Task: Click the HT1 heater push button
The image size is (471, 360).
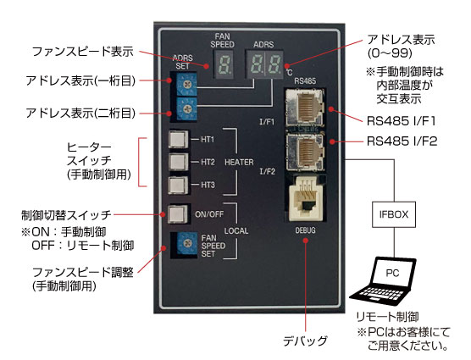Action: [x=179, y=139]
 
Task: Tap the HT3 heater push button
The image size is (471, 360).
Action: [x=179, y=186]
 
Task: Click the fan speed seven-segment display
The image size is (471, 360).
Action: [x=224, y=64]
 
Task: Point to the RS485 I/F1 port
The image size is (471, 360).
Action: [x=305, y=108]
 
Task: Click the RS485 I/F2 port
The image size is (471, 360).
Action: [x=305, y=152]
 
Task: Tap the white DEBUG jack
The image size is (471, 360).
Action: [x=305, y=198]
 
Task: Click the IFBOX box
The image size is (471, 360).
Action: [x=394, y=214]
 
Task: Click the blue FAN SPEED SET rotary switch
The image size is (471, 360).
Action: [x=187, y=244]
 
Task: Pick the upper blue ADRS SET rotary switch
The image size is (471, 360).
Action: [x=186, y=85]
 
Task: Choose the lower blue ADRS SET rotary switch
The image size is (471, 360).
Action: [x=186, y=108]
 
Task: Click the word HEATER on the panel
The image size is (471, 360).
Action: [x=239, y=162]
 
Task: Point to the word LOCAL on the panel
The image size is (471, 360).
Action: [x=236, y=231]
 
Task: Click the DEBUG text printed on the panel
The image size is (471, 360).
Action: [x=305, y=230]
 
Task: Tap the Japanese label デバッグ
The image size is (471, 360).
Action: [x=305, y=341]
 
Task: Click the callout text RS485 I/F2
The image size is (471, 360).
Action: [x=402, y=141]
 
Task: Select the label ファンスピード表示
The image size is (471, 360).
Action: [x=83, y=52]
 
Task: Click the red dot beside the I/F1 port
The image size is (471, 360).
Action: [x=331, y=109]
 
